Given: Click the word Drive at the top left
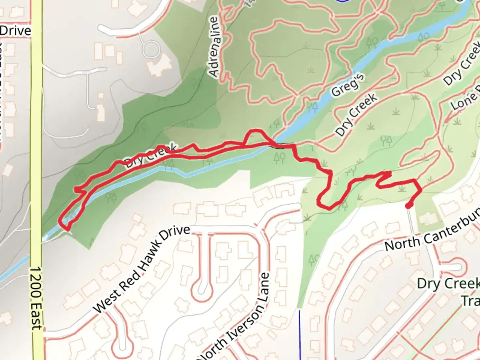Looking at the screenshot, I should (x=15, y=31).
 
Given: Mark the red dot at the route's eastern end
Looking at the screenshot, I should (x=408, y=206).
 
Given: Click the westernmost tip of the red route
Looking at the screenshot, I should (x=60, y=221).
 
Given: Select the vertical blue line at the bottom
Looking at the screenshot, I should (x=299, y=333).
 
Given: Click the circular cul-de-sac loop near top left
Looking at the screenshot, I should (x=151, y=49).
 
